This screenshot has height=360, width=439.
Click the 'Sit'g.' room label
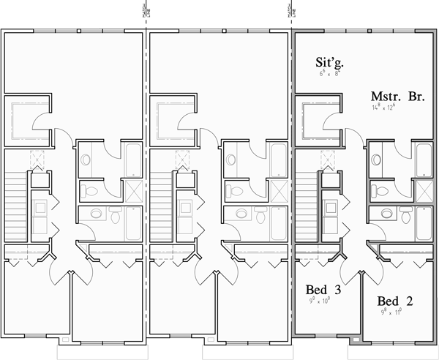[x=330, y=64]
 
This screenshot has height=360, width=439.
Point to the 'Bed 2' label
[x=399, y=301]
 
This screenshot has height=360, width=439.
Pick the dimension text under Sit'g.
[x=330, y=74]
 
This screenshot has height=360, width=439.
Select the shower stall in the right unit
[x=424, y=190]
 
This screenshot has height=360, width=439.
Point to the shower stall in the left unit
[x=134, y=190]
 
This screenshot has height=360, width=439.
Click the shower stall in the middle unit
[x=279, y=190]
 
